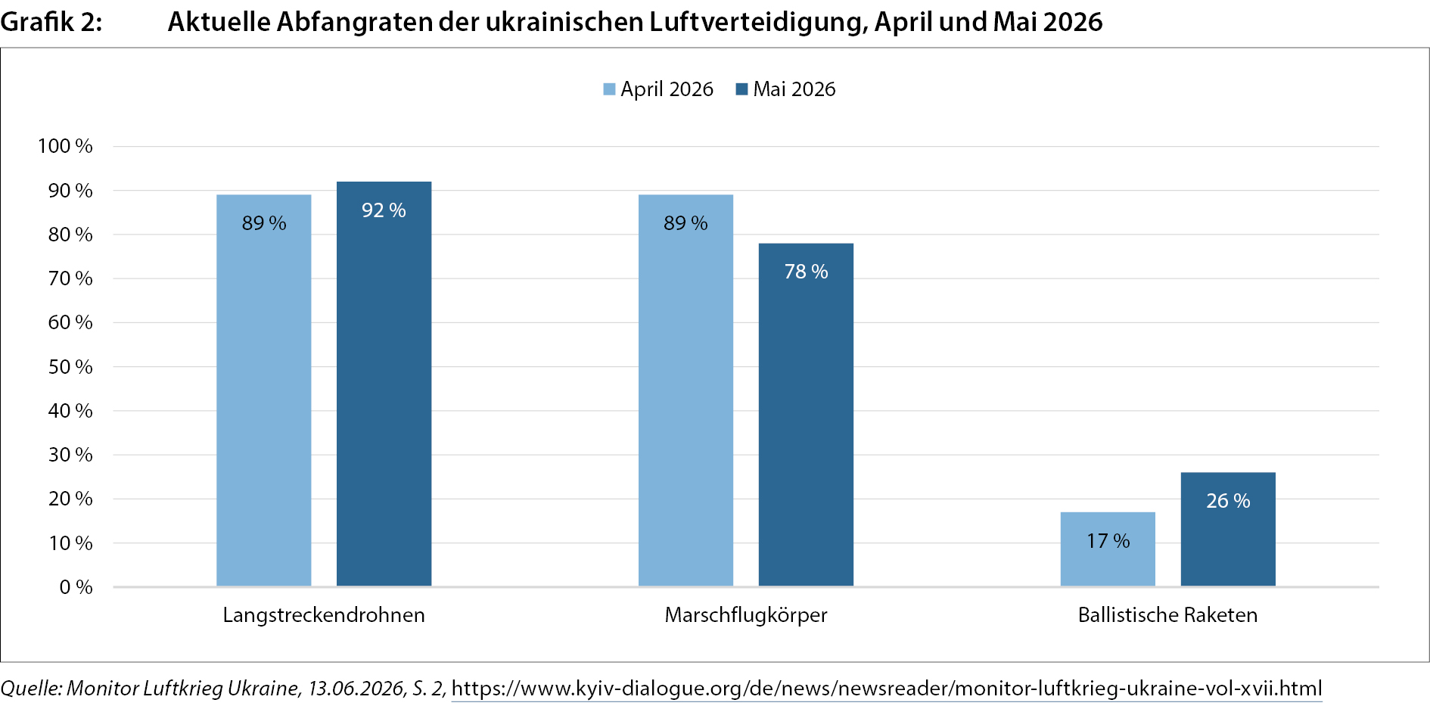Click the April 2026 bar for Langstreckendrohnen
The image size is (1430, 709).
click(x=264, y=390)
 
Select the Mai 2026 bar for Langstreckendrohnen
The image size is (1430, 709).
click(x=384, y=384)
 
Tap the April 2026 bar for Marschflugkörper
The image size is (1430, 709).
click(x=685, y=390)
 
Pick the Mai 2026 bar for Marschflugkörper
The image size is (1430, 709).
click(x=806, y=415)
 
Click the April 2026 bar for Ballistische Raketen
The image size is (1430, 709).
click(x=1108, y=549)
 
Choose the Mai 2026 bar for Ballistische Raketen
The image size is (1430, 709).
click(x=1228, y=530)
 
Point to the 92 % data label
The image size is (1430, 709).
click(x=384, y=210)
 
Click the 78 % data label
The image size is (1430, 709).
click(x=806, y=272)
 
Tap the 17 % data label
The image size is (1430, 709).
click(x=1108, y=541)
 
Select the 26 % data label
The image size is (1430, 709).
click(x=1228, y=501)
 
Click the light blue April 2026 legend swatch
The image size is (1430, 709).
click(x=609, y=89)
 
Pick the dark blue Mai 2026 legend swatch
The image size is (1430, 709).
click(x=741, y=89)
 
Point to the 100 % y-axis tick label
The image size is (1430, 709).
click(x=65, y=146)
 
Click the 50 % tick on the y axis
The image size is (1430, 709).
click(x=70, y=367)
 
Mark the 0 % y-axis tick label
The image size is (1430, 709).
click(x=76, y=587)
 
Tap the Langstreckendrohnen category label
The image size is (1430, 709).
click(x=324, y=615)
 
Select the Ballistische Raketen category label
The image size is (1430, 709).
click(x=1167, y=615)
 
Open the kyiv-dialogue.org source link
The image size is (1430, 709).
click(x=887, y=689)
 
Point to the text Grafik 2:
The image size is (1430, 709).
click(x=51, y=22)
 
